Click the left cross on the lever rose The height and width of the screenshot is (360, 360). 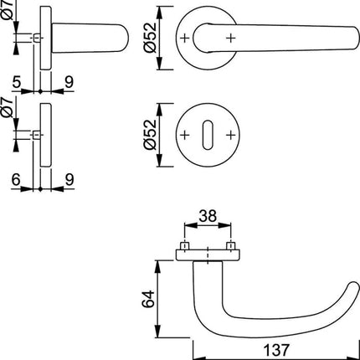coord(184,39)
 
